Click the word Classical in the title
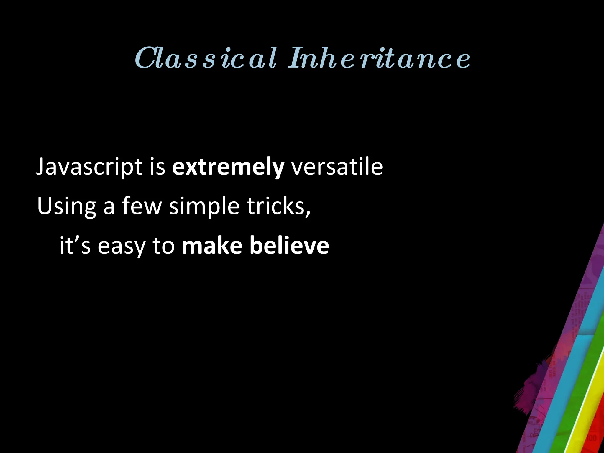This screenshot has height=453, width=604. pyautogui.click(x=206, y=58)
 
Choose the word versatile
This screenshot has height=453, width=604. pyautogui.click(x=337, y=167)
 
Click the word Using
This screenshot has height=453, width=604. pyautogui.click(x=67, y=206)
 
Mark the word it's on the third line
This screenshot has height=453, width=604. pyautogui.click(x=75, y=245)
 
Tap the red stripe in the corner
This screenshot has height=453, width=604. pyautogui.click(x=596, y=428)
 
